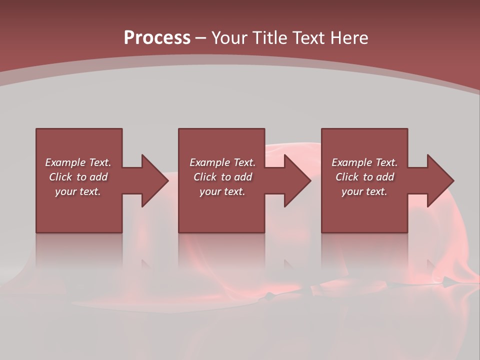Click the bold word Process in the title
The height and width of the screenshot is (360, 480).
click(x=157, y=38)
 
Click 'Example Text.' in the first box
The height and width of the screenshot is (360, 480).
click(x=78, y=162)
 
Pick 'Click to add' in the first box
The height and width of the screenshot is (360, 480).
click(x=78, y=177)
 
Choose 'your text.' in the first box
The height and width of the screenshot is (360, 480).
click(x=78, y=191)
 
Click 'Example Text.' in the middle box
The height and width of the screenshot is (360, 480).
click(x=222, y=162)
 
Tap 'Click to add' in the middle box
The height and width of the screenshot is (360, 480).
click(x=222, y=177)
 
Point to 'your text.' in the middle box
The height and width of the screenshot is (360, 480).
click(x=222, y=191)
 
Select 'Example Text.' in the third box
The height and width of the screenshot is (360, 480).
click(x=364, y=162)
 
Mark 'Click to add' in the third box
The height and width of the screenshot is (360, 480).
click(x=364, y=177)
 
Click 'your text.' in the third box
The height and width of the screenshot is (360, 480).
click(x=364, y=191)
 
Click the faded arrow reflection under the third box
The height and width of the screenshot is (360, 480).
click(x=435, y=272)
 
